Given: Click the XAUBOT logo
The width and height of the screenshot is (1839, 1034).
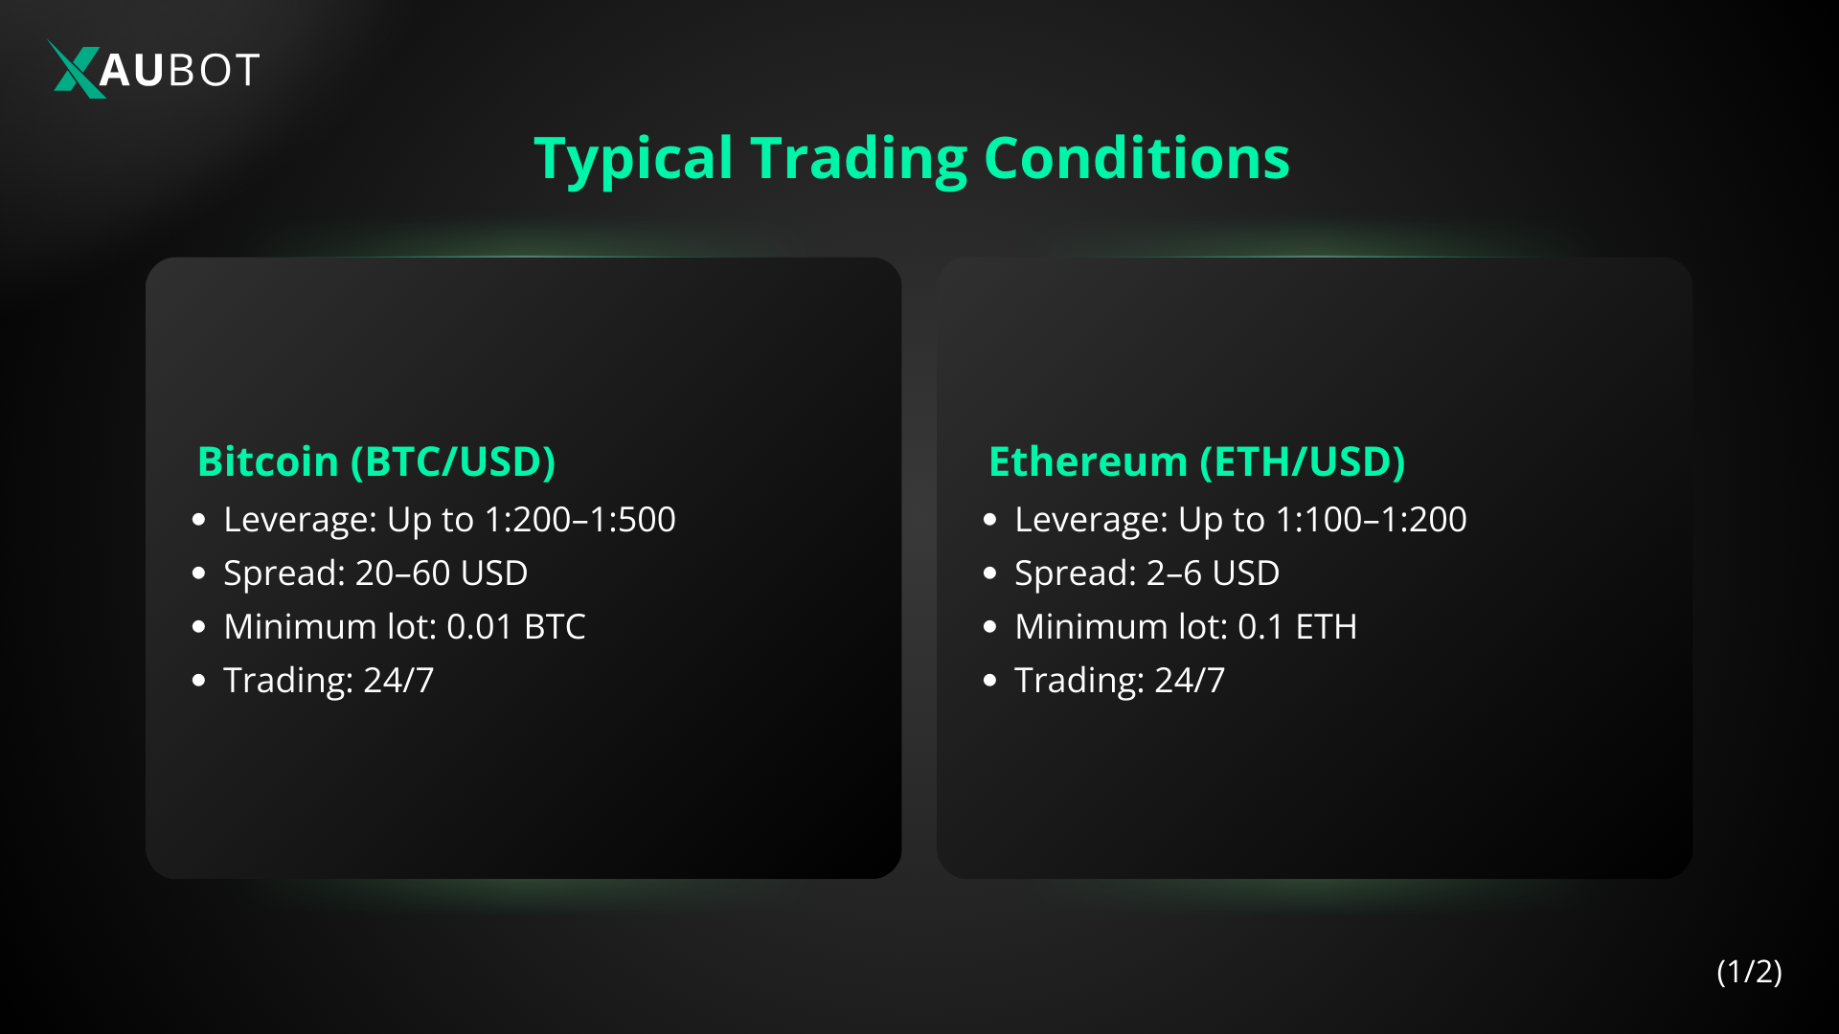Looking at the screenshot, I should tap(154, 69).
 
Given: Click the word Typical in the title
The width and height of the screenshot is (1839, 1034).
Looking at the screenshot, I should tap(633, 159).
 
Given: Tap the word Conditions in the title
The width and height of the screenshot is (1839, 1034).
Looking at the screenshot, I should tap(1136, 159).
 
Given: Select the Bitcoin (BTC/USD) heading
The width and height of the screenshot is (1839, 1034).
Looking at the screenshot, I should tap(376, 461).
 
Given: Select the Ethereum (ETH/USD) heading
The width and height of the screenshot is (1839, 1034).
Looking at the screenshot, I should tap(1196, 461).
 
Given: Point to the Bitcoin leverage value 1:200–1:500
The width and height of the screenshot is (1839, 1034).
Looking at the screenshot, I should tap(579, 520).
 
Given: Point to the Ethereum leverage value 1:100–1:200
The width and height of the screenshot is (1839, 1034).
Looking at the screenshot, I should tap(1371, 520).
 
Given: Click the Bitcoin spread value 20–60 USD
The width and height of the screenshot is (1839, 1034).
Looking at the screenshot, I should tap(442, 573).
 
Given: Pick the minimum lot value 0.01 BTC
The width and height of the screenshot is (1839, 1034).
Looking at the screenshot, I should tap(515, 627).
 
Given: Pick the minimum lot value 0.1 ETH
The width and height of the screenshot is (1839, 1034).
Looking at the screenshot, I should tap(1297, 627).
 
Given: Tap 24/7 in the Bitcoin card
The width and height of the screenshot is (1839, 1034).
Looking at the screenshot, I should tap(398, 681).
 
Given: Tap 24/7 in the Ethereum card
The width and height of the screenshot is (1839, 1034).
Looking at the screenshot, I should tap(1190, 681).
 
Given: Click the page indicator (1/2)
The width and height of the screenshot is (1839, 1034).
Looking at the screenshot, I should tap(1749, 972).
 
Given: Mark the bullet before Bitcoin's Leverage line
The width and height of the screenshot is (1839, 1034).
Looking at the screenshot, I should tap(199, 520).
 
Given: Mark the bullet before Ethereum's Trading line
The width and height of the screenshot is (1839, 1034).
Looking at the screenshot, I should tap(990, 681).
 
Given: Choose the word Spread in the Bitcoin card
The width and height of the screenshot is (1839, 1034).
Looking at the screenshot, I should tap(284, 573).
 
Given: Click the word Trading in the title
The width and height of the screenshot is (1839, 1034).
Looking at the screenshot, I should tap(858, 159).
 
